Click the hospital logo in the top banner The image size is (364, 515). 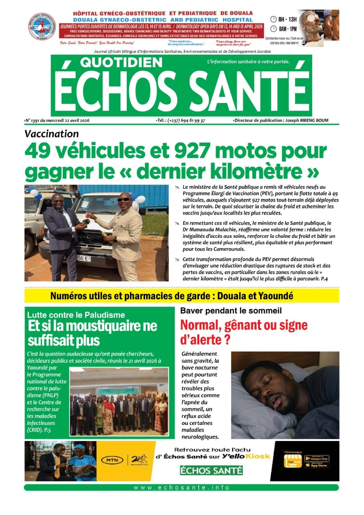[x=41, y=27]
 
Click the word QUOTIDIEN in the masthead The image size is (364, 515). [x=121, y=62]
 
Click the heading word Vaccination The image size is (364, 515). [x=52, y=134]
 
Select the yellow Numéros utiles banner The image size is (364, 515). [x=182, y=296]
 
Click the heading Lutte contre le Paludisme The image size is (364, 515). [x=76, y=315]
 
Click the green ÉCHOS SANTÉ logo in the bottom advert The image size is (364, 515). [x=211, y=470]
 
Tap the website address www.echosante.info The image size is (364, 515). [x=182, y=488]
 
